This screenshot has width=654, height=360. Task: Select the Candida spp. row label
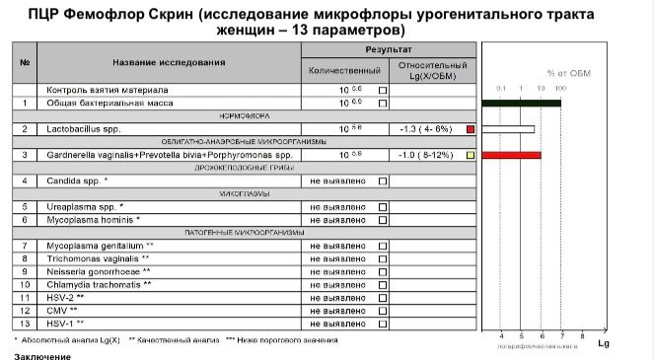(78, 180)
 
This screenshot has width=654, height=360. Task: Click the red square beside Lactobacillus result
(471, 129)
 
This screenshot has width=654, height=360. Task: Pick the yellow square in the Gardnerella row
(471, 155)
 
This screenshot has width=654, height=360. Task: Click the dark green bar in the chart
(520, 103)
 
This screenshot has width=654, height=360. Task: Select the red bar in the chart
(511, 155)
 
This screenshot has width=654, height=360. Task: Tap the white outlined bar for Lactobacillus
(507, 129)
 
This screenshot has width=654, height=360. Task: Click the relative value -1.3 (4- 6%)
(425, 129)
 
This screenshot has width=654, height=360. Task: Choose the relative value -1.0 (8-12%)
(425, 155)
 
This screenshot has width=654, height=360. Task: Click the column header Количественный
(344, 71)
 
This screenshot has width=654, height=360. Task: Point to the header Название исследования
(169, 62)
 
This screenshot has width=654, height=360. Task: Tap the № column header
(24, 62)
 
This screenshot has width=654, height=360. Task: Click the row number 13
(24, 323)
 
